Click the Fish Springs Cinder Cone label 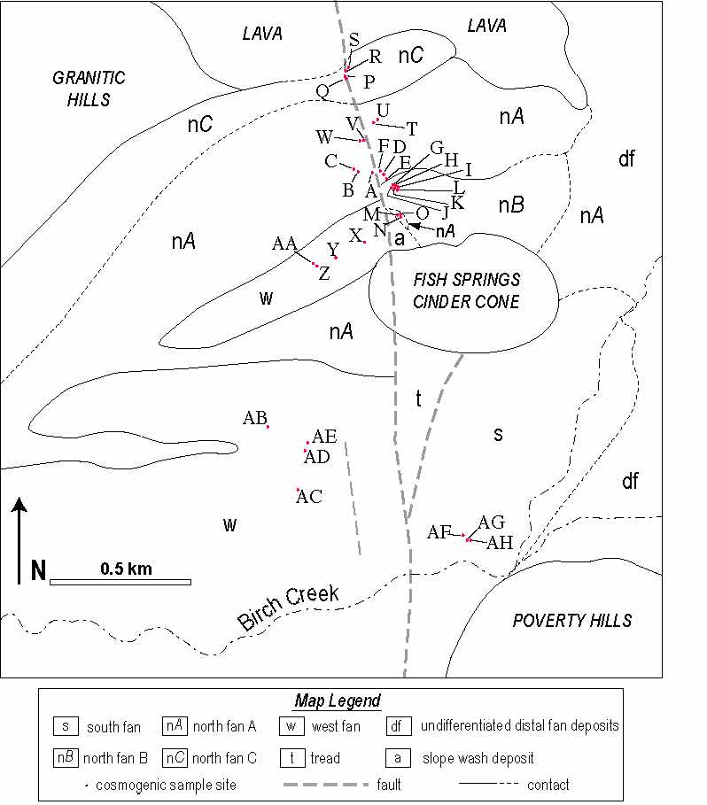coord(466,290)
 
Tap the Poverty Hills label coord(572,621)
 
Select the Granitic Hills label coord(89,89)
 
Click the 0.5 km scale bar coord(120,582)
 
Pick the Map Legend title coord(338,701)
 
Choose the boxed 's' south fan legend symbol coord(66,726)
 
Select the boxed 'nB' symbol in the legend coord(66,758)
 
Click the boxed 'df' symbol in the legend coord(399,726)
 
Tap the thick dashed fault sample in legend coord(326,785)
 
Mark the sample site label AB coord(254,418)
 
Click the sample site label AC coord(309,497)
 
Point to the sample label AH coord(500,543)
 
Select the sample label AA coord(284,244)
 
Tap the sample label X coord(355,236)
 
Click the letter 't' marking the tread coord(418,399)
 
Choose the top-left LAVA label coord(262,34)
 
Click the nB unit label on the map coord(511,205)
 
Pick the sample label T coord(412,129)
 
